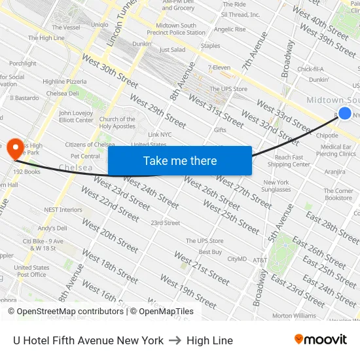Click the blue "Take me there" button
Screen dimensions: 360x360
tap(180, 161)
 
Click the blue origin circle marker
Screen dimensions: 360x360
tap(345, 113)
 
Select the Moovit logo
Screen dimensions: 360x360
tap(321, 340)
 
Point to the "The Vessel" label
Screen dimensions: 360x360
tap(66, 27)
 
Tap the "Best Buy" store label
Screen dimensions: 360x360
tap(210, 252)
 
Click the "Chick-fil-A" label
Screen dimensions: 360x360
tap(311, 69)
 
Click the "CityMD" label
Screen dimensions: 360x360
tap(237, 259)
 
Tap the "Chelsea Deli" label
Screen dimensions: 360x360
tap(62, 94)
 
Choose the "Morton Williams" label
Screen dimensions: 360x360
tap(294, 315)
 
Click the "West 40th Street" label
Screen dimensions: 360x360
tap(320, 22)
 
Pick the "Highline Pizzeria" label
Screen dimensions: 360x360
tap(64, 82)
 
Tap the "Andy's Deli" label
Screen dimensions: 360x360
tap(52, 228)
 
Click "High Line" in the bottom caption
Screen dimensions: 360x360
tap(209, 340)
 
